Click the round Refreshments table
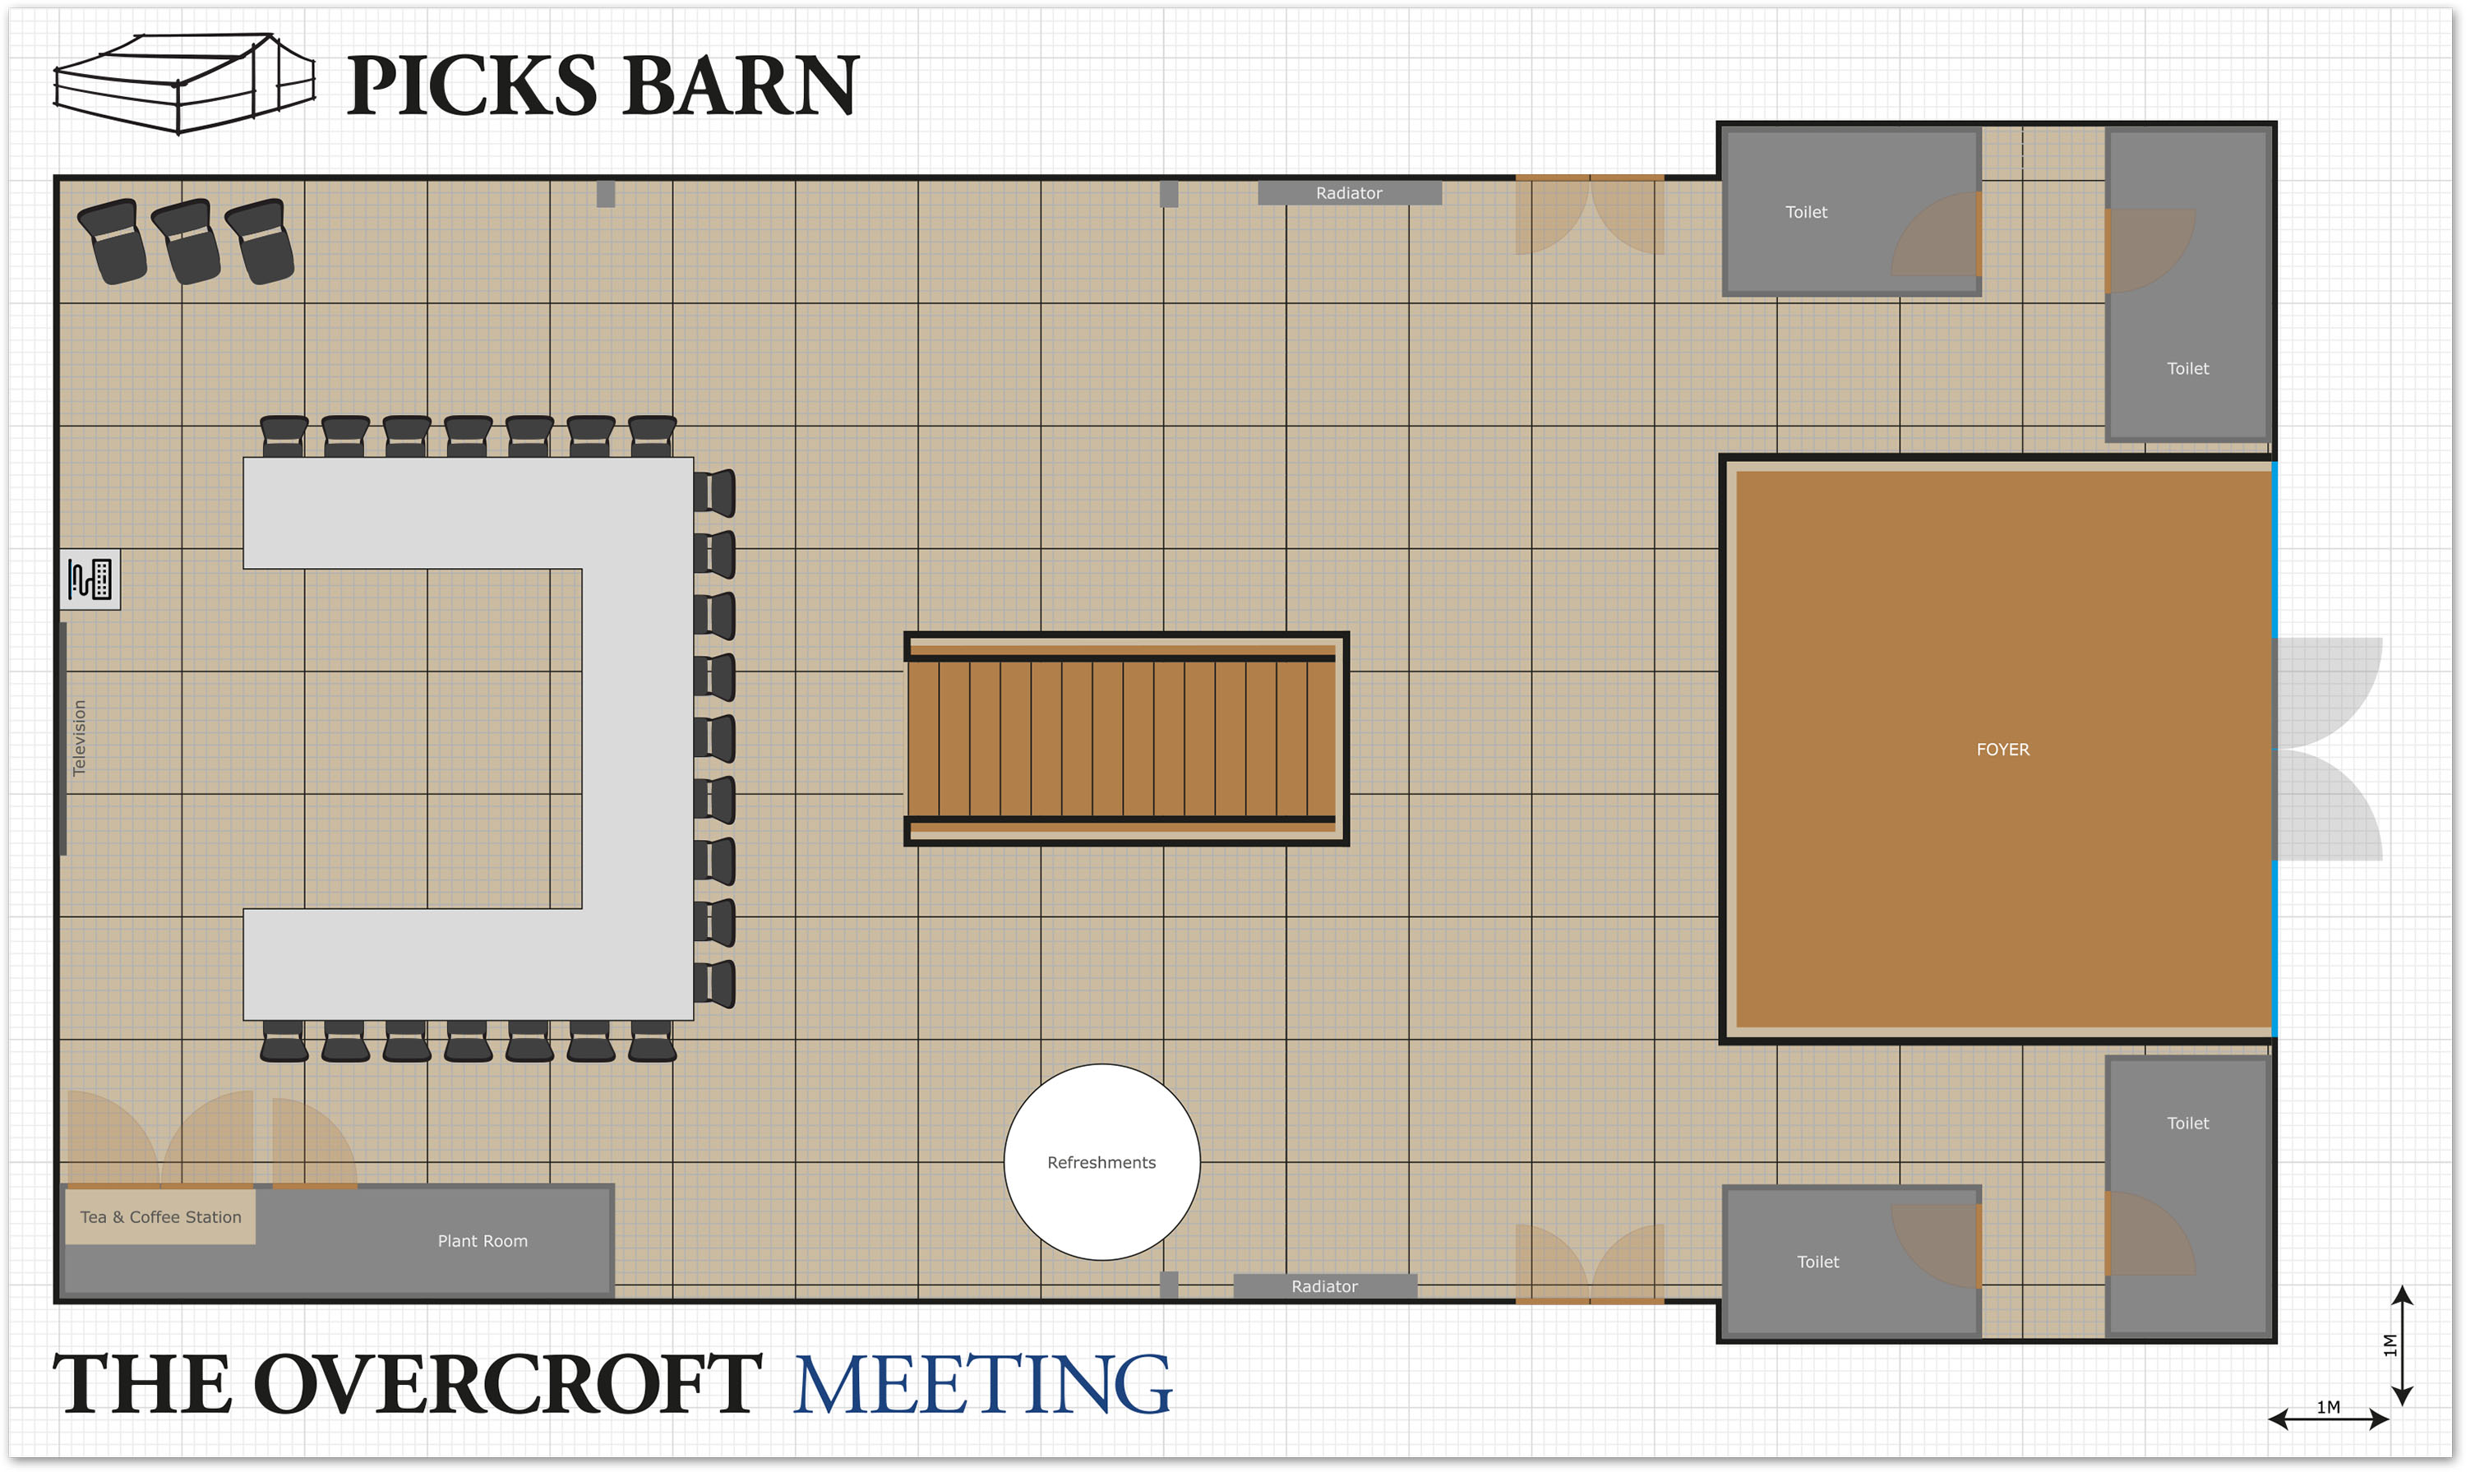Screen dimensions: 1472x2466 tap(1101, 1161)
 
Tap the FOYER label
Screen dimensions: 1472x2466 tap(2002, 750)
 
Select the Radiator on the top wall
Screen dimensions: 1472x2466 tap(1349, 192)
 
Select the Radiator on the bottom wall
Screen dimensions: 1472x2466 tap(1324, 1285)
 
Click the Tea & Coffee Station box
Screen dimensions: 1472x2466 tap(160, 1216)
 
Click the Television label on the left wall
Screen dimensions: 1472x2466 tap(80, 738)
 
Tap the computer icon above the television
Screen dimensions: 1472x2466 tap(90, 579)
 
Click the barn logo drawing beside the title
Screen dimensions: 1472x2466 tap(183, 85)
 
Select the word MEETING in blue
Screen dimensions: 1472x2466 tap(982, 1385)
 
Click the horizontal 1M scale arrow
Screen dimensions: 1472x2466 tap(2327, 1419)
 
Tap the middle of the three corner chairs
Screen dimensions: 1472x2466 tap(187, 241)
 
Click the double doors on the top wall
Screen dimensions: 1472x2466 tap(1589, 213)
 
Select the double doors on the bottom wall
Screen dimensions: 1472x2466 tap(1589, 1265)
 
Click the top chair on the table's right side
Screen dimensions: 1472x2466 tap(714, 493)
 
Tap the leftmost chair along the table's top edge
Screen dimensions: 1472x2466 tap(284, 436)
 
